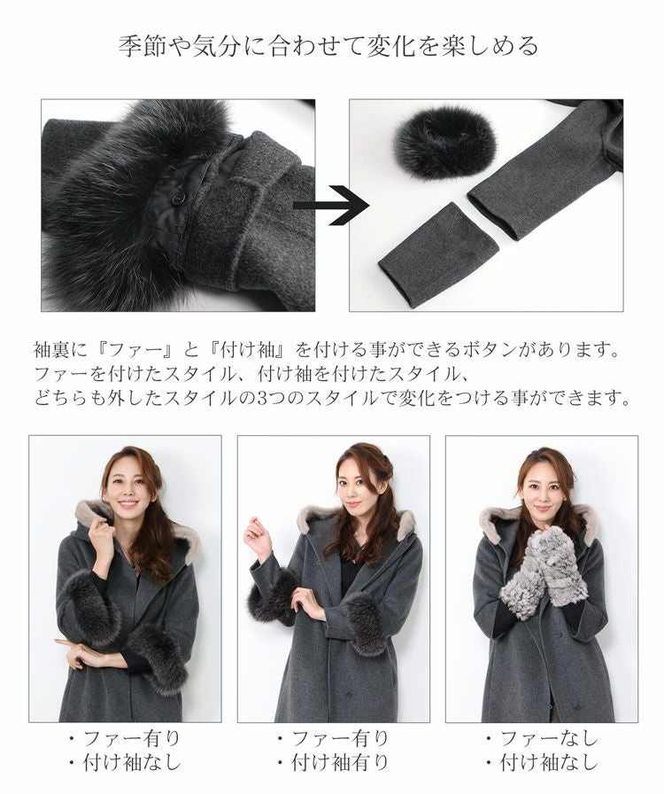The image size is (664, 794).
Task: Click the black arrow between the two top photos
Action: pyautogui.click(x=331, y=206)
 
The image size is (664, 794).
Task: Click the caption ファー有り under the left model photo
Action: pyautogui.click(x=130, y=739)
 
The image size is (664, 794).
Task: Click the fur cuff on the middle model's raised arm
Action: pyautogui.click(x=272, y=595)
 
